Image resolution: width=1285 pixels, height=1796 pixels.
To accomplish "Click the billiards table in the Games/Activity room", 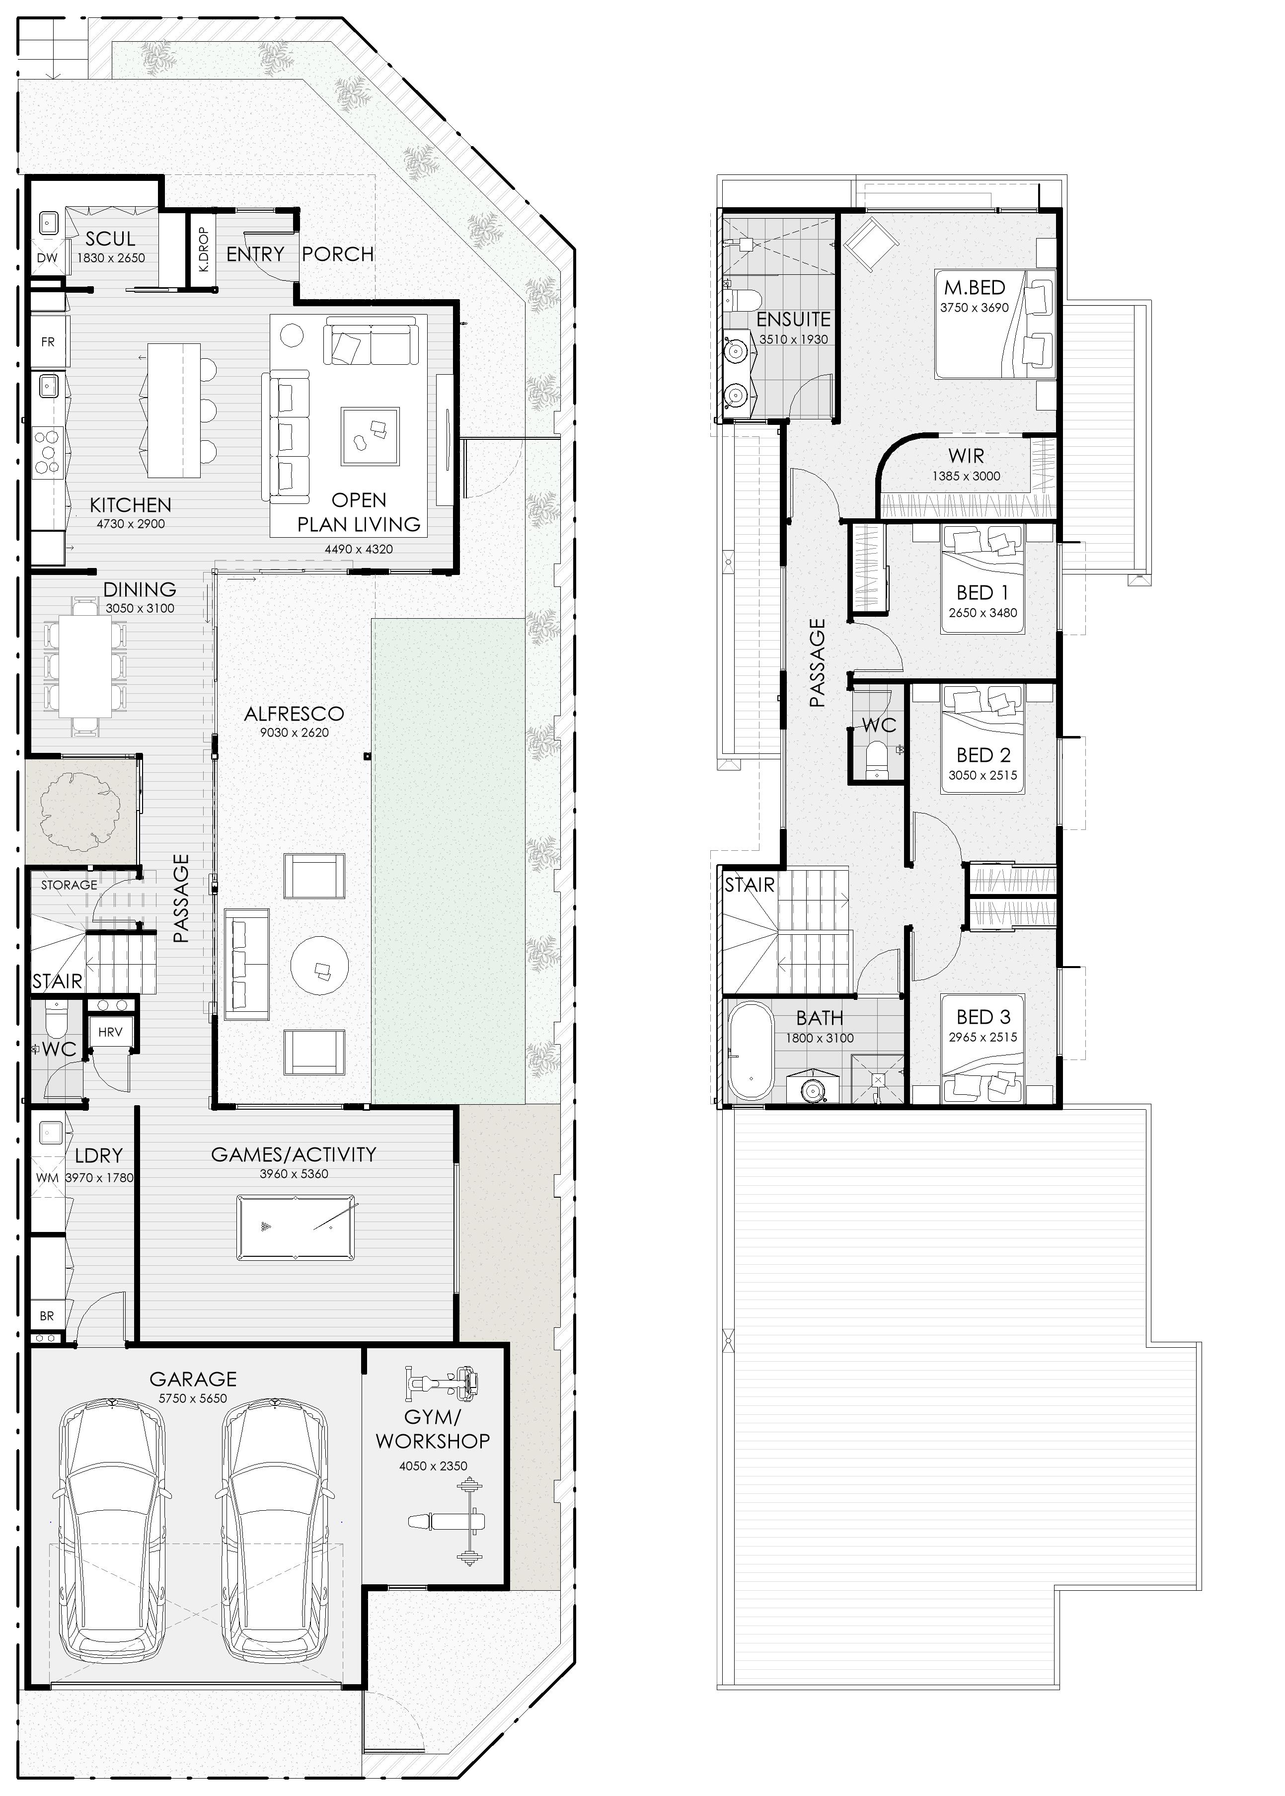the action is [x=295, y=1227].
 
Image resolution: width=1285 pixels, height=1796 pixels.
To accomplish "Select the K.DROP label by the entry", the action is [x=203, y=250].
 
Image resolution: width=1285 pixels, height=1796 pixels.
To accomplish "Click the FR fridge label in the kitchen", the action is [x=48, y=342].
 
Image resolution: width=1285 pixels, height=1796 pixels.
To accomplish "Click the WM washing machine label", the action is [x=48, y=1178].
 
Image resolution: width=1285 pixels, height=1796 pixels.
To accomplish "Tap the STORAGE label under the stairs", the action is [x=69, y=885].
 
